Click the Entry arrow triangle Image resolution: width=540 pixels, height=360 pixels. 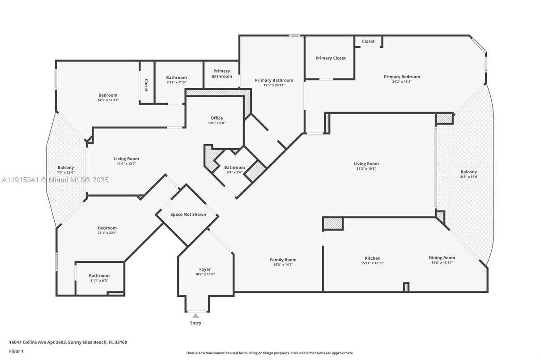coord(196,316)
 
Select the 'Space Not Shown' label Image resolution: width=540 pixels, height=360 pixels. coord(188,214)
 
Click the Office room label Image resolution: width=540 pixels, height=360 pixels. coord(217,118)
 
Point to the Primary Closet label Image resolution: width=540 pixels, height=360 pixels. coord(330,58)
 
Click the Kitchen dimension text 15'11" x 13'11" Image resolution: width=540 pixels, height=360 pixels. coord(372,263)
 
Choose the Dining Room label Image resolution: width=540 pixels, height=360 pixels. coord(442,258)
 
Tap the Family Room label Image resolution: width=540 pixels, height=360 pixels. coord(283,260)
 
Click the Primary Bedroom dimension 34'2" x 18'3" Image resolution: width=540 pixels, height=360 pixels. coord(402,82)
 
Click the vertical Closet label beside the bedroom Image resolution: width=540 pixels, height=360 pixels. coord(146,86)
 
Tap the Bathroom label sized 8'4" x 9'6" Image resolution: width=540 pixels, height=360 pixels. coord(234,167)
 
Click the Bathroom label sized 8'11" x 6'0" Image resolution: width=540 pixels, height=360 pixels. coord(99,276)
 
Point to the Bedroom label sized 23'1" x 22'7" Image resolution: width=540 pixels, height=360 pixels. coord(107,228)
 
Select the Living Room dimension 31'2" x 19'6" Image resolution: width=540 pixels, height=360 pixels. coord(366,169)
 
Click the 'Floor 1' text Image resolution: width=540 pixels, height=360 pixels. coord(16,351)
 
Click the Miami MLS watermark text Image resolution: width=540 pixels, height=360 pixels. coord(55,180)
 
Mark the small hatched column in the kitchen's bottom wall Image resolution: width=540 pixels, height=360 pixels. coord(406,287)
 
